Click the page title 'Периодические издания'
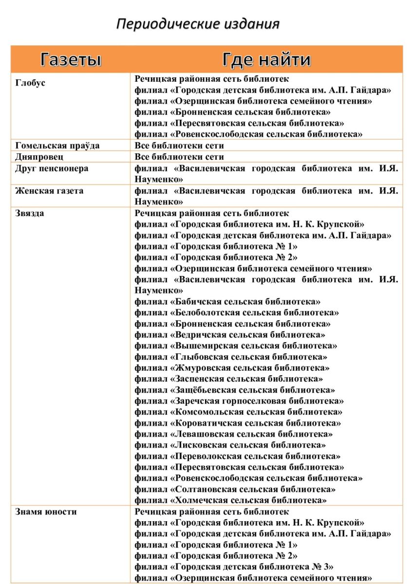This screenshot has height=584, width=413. tap(198, 24)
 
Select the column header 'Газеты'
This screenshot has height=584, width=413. tap(71, 59)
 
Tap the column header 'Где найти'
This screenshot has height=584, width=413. tap(266, 59)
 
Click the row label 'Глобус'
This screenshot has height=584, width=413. tap(30, 83)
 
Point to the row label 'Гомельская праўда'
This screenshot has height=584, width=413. tap(57, 146)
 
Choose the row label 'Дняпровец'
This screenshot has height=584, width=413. tap(39, 157)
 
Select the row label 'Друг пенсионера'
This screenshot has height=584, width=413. tap(52, 168)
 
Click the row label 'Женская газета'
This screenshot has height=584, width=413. tap(49, 191)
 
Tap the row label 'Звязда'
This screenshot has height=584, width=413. tap(30, 213)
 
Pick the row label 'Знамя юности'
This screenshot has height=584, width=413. tap(46, 512)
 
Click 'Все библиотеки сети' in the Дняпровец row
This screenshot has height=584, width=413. tap(179, 157)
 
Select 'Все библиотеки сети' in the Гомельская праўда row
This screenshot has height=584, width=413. tap(179, 146)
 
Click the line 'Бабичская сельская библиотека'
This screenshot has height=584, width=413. tap(227, 302)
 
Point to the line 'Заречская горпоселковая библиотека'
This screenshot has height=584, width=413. tap(239, 401)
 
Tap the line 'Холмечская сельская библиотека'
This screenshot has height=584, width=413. tap(230, 500)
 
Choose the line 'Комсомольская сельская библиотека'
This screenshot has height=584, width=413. tap(238, 412)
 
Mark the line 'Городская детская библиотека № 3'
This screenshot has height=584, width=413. tap(234, 567)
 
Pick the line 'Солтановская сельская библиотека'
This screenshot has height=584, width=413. tap(235, 489)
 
